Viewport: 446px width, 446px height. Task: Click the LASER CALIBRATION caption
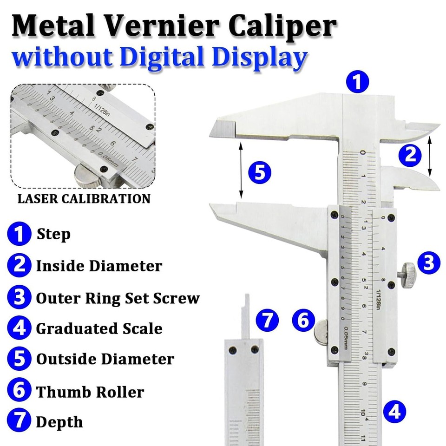point(84,199)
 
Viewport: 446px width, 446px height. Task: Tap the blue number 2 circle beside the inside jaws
point(410,155)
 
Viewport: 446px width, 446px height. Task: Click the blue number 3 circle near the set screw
point(428,263)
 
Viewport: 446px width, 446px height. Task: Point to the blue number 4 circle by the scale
point(394,412)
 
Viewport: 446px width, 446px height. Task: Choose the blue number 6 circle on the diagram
point(303,321)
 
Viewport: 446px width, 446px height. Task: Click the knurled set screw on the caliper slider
point(408,275)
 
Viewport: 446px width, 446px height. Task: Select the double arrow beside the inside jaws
point(430,155)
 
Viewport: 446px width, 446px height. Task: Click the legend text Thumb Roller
point(90,392)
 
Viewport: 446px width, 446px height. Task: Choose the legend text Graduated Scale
point(99,328)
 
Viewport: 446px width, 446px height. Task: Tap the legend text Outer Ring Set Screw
point(118,298)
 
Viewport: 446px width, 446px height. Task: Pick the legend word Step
point(53,234)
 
